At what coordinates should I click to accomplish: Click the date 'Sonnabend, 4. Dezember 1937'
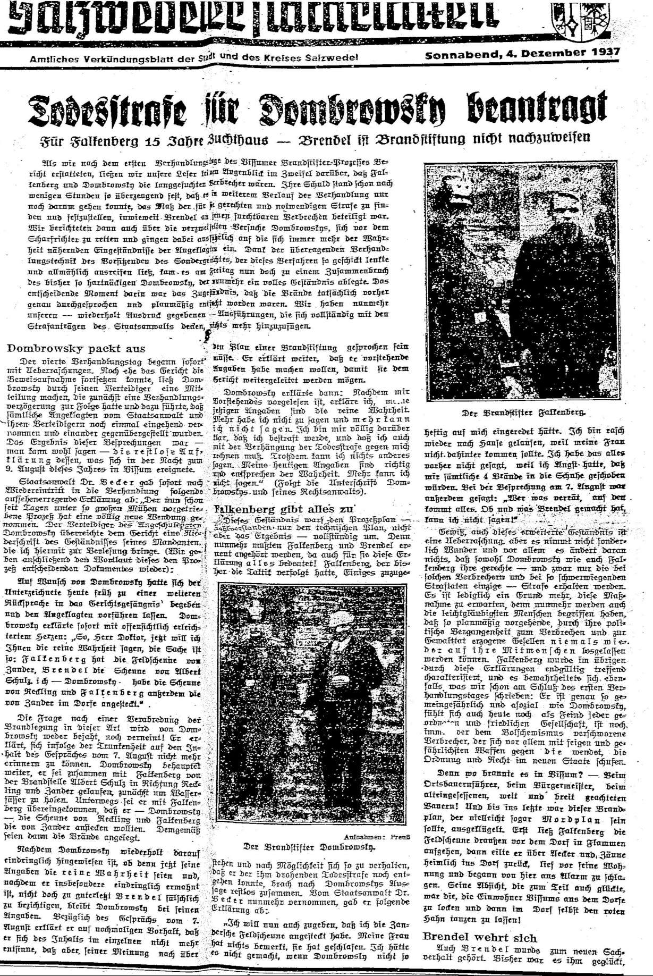[x=522, y=54]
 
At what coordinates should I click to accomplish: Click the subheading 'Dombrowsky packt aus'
[x=76, y=349]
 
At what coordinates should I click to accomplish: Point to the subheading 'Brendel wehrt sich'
[x=480, y=937]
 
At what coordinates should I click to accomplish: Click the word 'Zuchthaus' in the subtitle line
[x=237, y=140]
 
